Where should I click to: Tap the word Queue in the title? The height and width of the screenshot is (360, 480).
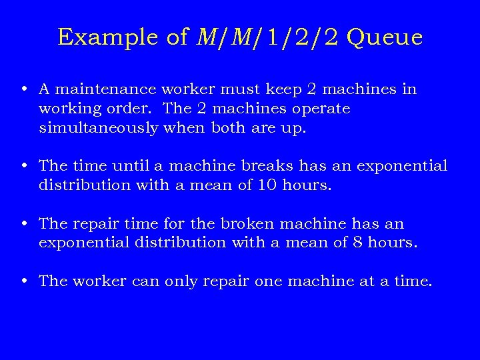coord(385,38)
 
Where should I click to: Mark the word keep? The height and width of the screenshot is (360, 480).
coord(280,89)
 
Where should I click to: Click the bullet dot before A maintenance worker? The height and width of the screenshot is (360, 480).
coord(24,89)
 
